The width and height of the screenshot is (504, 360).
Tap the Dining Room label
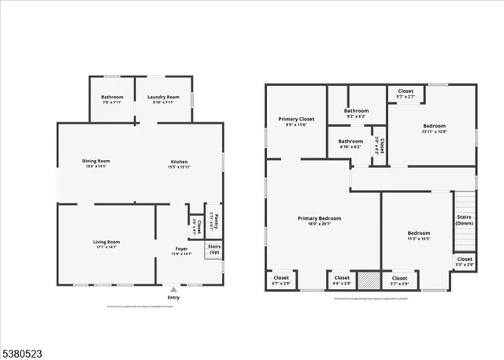point(95,163)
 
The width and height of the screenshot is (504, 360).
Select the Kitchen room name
point(180,163)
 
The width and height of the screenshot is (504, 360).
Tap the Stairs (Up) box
point(213,249)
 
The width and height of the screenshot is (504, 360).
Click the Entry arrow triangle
point(173,288)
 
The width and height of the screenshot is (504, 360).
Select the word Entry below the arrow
point(173,297)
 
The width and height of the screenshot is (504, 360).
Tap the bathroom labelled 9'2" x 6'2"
point(356,113)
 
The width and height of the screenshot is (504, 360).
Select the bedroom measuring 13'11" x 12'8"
point(434,128)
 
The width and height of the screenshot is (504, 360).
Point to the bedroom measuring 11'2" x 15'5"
point(418,235)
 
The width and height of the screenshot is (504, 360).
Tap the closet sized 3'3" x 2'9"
point(465,261)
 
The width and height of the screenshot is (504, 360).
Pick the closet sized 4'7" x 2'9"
point(281,280)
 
